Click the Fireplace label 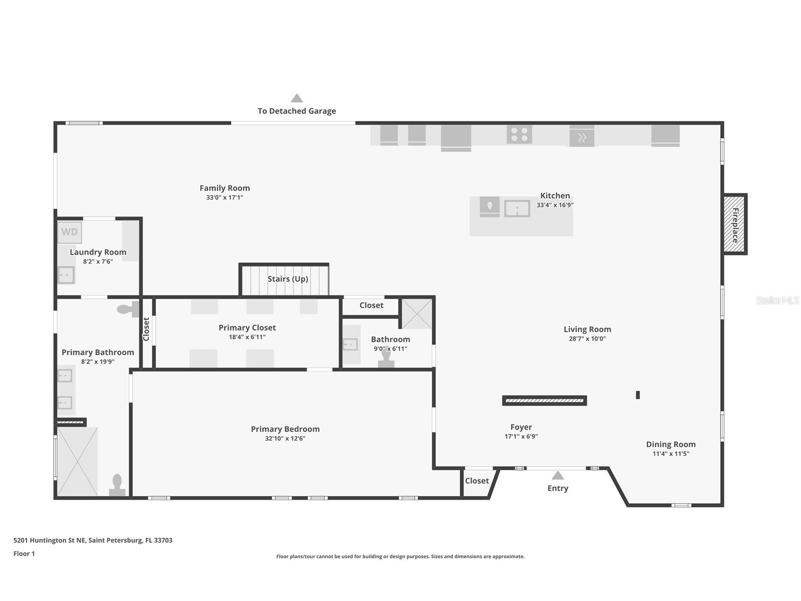pyautogui.click(x=735, y=225)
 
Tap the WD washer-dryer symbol pyautogui.click(x=69, y=232)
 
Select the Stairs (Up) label pyautogui.click(x=288, y=279)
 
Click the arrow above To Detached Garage pyautogui.click(x=297, y=98)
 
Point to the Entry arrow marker pyautogui.click(x=558, y=475)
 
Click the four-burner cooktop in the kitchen pyautogui.click(x=519, y=134)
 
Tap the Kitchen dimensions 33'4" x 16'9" pyautogui.click(x=555, y=205)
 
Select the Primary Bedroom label pyautogui.click(x=285, y=429)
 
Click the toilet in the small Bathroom pyautogui.click(x=386, y=358)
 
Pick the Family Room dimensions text pyautogui.click(x=225, y=197)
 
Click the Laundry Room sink pyautogui.click(x=66, y=275)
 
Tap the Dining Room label pyautogui.click(x=671, y=444)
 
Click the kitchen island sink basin pyautogui.click(x=517, y=208)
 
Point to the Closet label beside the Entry pyautogui.click(x=477, y=481)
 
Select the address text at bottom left pyautogui.click(x=93, y=540)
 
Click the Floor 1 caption pyautogui.click(x=24, y=553)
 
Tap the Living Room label pyautogui.click(x=587, y=329)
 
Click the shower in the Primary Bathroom pyautogui.click(x=77, y=462)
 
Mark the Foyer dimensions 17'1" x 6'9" pyautogui.click(x=521, y=437)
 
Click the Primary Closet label pyautogui.click(x=247, y=327)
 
